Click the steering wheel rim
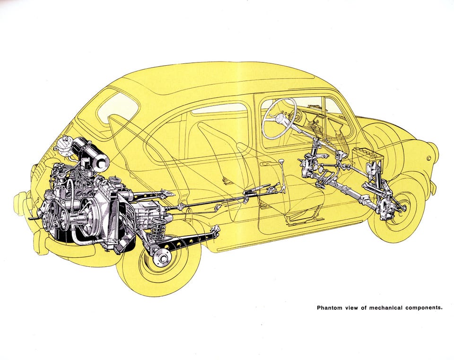[x=279, y=118]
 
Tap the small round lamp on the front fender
[x=429, y=158]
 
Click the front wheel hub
[x=401, y=207]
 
